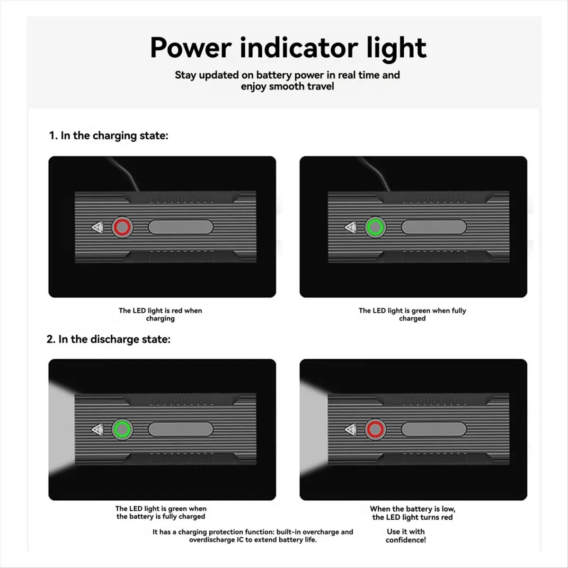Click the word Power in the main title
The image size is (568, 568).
coord(191,48)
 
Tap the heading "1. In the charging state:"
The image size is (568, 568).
coord(108,135)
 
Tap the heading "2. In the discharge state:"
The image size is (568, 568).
coord(108,339)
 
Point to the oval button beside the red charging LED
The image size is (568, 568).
coord(180,227)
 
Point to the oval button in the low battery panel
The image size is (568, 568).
coord(434,429)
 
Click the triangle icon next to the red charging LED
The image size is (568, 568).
coord(98,227)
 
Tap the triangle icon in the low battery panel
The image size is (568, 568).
coord(350,429)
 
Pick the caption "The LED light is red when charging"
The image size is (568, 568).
coord(160,314)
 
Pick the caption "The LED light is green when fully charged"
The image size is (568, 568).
coord(412,314)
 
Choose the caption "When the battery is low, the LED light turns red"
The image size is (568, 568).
coord(412,513)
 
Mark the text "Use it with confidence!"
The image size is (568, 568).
coord(406,535)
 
